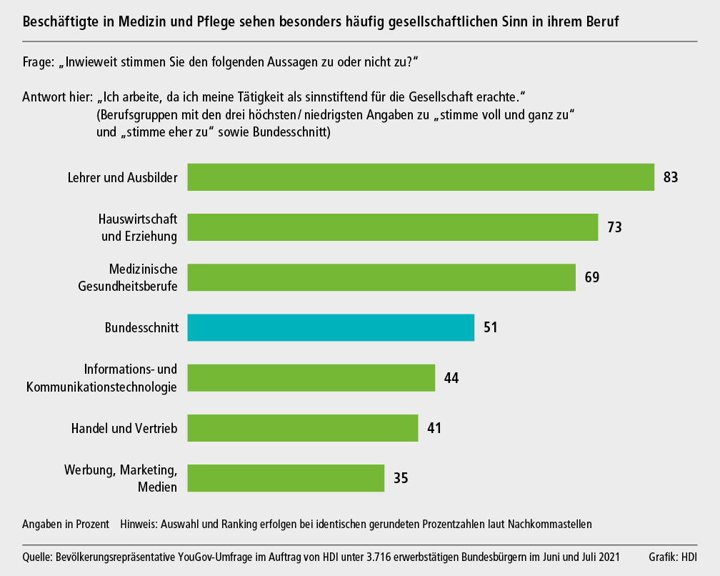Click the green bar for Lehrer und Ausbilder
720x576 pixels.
pyautogui.click(x=421, y=177)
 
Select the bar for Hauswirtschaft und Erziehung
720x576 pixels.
pyautogui.click(x=392, y=227)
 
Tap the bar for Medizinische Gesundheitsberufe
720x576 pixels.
pyautogui.click(x=381, y=277)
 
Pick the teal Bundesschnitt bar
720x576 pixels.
pyautogui.click(x=331, y=327)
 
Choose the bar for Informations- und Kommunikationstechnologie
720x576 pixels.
pyautogui.click(x=311, y=377)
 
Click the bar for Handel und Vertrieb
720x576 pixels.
pyautogui.click(x=302, y=428)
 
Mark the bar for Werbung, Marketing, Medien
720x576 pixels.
pyautogui.click(x=286, y=478)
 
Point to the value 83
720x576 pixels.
pyautogui.click(x=670, y=177)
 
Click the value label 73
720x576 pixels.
pyautogui.click(x=614, y=228)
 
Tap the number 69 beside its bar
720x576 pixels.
pyautogui.click(x=591, y=277)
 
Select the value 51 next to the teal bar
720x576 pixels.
pyautogui.click(x=490, y=328)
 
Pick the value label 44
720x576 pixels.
pyautogui.click(x=451, y=378)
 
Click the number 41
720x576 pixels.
pyautogui.click(x=434, y=428)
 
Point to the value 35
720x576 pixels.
pyautogui.click(x=401, y=478)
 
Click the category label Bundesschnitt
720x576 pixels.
pyautogui.click(x=141, y=328)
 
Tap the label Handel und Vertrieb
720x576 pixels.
pyautogui.click(x=124, y=428)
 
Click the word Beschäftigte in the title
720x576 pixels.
pyautogui.click(x=62, y=22)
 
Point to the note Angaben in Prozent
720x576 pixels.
pyautogui.click(x=66, y=525)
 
